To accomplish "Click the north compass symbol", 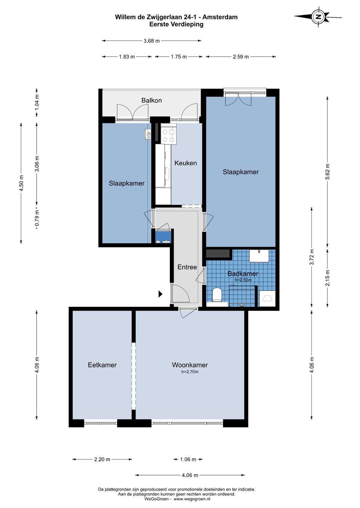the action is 319,17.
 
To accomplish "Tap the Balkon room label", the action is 151,100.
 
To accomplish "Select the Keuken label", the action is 186,163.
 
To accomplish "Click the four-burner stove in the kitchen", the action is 169,135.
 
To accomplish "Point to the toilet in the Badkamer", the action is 217,295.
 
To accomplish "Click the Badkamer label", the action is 243,274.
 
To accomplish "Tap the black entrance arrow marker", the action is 160,294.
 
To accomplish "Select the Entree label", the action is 187,267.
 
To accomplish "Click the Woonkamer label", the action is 190,365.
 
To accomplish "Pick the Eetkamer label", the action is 102,365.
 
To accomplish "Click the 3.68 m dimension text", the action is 152,41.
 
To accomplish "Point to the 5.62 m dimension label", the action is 327,171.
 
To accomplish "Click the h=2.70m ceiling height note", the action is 190,372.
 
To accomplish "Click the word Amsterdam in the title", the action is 220,17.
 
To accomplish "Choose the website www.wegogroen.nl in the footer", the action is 192,499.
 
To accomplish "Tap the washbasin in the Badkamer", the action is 259,256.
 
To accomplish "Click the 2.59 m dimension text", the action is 241,57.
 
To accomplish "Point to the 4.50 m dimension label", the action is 21,183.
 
